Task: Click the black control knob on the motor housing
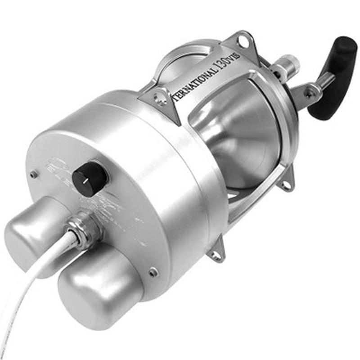[x=90, y=178]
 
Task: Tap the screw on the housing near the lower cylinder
[x=154, y=271]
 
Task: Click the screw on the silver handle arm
[x=309, y=94]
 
